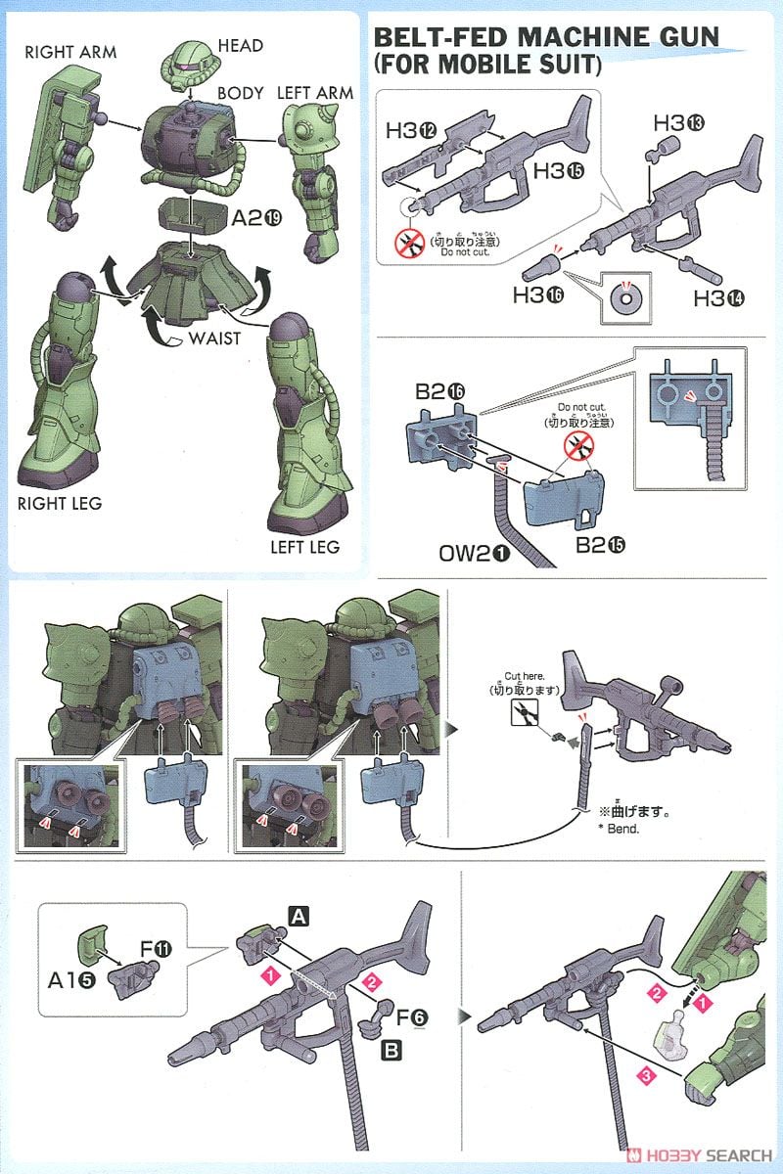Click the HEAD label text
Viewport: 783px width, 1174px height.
241,46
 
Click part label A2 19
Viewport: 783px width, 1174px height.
256,220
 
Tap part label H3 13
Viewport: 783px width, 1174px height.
677,124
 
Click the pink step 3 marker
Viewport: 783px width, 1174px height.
644,1076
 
